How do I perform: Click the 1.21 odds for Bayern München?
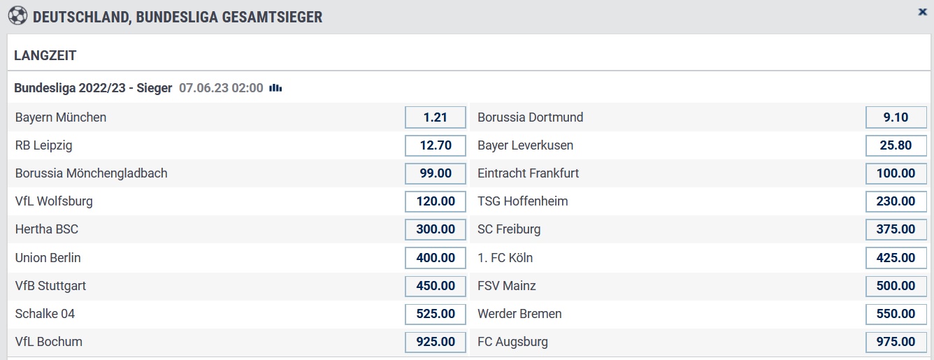pos(436,117)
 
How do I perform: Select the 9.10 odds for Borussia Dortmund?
pos(896,117)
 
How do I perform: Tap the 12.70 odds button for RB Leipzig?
pos(436,145)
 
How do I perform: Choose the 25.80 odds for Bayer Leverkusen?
pos(896,145)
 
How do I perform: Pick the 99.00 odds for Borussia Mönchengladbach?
pos(436,173)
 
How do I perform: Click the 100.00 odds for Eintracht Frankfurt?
pos(896,173)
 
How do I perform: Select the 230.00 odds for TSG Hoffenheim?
pos(896,201)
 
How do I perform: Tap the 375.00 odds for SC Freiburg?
pos(896,229)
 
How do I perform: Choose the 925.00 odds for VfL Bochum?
pos(436,342)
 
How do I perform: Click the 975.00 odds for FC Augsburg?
pos(896,342)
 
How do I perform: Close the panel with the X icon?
pos(922,12)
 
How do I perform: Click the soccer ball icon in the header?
pos(17,16)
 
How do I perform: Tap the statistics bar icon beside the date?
pos(275,88)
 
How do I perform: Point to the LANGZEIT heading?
pos(45,55)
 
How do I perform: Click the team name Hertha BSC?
pos(47,229)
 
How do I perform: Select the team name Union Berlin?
pos(48,257)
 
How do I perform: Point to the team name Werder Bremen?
pos(519,314)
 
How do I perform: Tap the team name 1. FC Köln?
pos(505,257)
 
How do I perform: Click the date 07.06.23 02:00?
pos(221,88)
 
